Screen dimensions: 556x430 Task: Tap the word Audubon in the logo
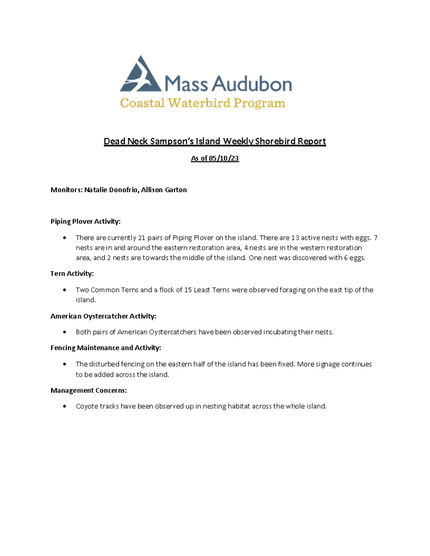point(252,84)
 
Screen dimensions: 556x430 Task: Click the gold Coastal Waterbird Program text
point(202,103)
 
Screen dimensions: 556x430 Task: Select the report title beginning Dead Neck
point(215,142)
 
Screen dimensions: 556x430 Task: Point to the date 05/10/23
point(224,159)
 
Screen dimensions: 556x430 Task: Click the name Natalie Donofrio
point(110,190)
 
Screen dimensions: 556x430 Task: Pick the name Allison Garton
point(164,190)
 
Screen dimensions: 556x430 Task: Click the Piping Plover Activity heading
point(85,222)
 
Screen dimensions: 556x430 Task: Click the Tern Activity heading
point(72,274)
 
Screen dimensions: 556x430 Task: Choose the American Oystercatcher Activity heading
point(103,316)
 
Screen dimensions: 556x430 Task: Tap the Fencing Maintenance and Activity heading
point(105,347)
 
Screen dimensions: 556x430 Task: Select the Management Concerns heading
point(89,390)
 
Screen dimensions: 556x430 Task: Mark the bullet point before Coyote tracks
point(65,406)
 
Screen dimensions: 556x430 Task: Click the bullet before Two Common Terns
point(65,290)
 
